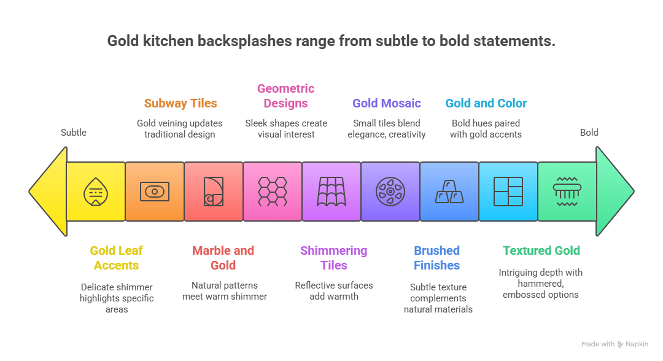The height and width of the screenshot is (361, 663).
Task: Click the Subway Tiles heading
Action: pyautogui.click(x=180, y=103)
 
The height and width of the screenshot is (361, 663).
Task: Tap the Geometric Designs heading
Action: pyautogui.click(x=285, y=96)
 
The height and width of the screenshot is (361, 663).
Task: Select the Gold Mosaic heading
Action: pyautogui.click(x=386, y=103)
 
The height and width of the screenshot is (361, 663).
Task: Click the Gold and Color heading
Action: pyautogui.click(x=486, y=103)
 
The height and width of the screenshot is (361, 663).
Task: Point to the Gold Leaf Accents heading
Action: pyautogui.click(x=116, y=258)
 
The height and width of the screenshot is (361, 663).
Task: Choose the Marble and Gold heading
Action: pyautogui.click(x=223, y=258)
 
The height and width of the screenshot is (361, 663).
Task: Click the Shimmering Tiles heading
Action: pyautogui.click(x=333, y=258)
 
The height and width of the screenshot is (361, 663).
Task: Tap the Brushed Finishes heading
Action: pyautogui.click(x=436, y=258)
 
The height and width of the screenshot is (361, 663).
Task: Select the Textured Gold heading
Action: pyautogui.click(x=541, y=250)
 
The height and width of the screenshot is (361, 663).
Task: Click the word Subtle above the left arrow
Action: pyautogui.click(x=73, y=132)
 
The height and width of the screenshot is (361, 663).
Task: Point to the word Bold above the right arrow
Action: pyautogui.click(x=589, y=132)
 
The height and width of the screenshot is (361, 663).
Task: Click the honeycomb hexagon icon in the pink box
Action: pyautogui.click(x=272, y=192)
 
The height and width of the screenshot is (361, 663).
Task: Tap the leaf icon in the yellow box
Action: pyautogui.click(x=95, y=192)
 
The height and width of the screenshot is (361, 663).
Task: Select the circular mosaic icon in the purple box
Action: pyautogui.click(x=390, y=192)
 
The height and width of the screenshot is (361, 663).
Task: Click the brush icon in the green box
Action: pyautogui.click(x=567, y=191)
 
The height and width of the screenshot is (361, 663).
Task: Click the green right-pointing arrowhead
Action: pyautogui.click(x=615, y=191)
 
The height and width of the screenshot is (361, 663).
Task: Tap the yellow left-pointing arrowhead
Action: pyautogui.click(x=48, y=191)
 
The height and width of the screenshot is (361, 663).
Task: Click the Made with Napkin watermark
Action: pyautogui.click(x=615, y=344)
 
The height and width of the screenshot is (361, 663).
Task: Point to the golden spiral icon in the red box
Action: pyautogui.click(x=213, y=192)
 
